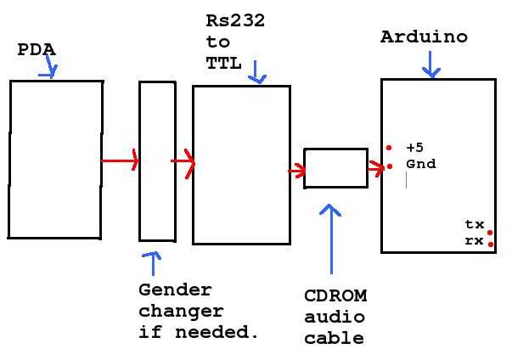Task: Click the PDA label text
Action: pyautogui.click(x=37, y=50)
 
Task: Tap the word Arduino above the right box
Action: pyautogui.click(x=424, y=37)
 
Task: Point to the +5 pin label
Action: pyautogui.click(x=414, y=147)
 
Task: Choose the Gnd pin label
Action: pyautogui.click(x=420, y=164)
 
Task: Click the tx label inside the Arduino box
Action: pyautogui.click(x=474, y=225)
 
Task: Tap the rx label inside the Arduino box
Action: pyautogui.click(x=474, y=241)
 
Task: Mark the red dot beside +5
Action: pyautogui.click(x=389, y=147)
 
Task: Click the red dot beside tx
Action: pyautogui.click(x=490, y=231)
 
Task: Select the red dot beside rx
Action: pyautogui.click(x=491, y=245)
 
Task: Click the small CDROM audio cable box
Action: pyautogui.click(x=335, y=168)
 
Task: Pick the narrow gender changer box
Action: pyautogui.click(x=157, y=161)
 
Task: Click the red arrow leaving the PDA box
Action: pyautogui.click(x=121, y=160)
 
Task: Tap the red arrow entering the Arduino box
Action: pyautogui.click(x=375, y=168)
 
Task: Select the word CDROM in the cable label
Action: pyautogui.click(x=335, y=296)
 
